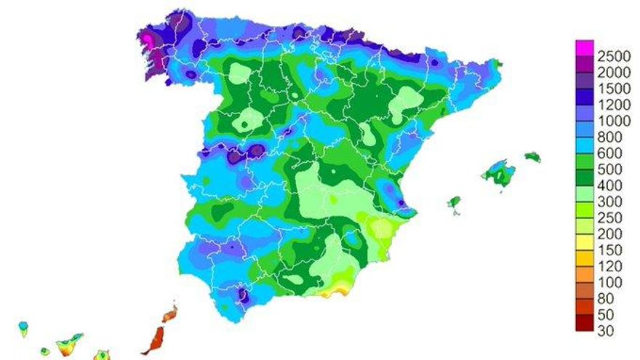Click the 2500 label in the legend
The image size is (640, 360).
coord(613,57)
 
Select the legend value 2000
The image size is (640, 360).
coord(613,73)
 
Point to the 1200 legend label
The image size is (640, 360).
coord(613,105)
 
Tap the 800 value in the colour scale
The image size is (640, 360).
coord(609,137)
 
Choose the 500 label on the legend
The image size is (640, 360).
coord(609,169)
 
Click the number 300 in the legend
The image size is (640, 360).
coord(609,201)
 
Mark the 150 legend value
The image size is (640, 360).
coord(609,249)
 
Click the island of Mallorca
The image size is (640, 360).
coord(498,174)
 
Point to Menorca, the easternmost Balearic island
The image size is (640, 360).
coord(533,156)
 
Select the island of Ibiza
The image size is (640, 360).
coord(455,201)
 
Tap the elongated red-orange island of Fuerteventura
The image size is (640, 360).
coord(154,340)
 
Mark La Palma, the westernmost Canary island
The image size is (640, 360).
coord(23,327)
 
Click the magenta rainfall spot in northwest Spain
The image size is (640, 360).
coord(148,37)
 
